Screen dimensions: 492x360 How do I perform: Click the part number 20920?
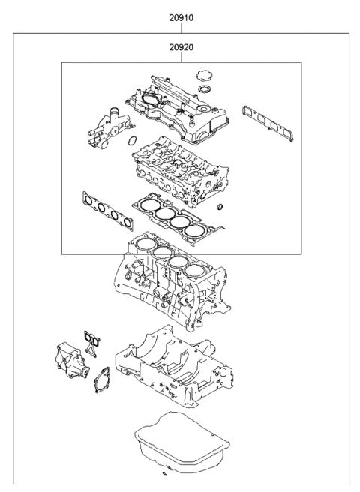tap(180, 48)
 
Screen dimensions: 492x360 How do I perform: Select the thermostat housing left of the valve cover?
tap(106, 123)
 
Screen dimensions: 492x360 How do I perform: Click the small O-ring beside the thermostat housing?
tap(131, 141)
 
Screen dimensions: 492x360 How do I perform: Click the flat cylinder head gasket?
tap(177, 217)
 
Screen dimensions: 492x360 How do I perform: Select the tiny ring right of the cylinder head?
tap(219, 206)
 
